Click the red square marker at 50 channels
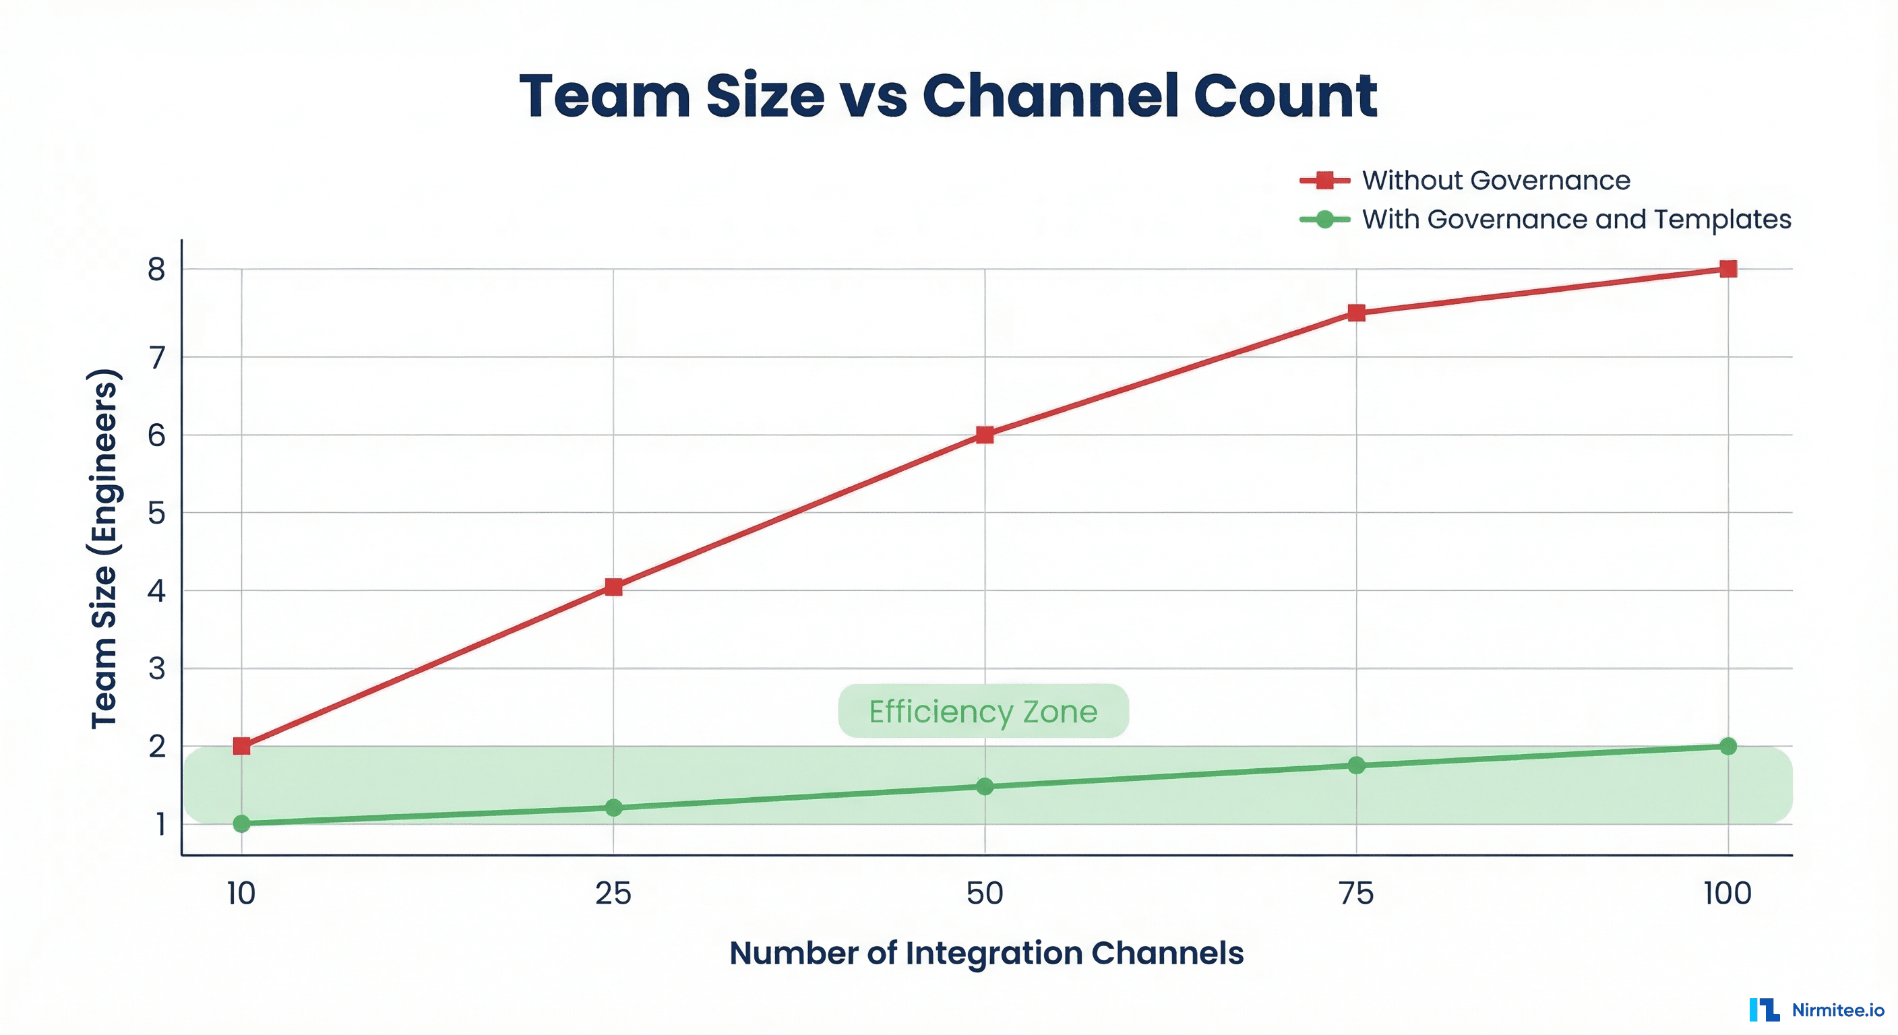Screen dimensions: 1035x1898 [x=984, y=435]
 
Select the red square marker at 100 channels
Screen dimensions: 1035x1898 [x=1727, y=269]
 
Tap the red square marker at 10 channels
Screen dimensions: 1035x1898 [x=242, y=746]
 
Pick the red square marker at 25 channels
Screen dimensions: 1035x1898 [x=613, y=587]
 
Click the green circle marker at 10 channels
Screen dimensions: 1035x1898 [x=242, y=823]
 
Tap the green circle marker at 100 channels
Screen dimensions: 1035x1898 [x=1727, y=746]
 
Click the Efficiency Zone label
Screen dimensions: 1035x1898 [x=983, y=712]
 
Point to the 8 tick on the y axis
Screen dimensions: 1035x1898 [x=156, y=270]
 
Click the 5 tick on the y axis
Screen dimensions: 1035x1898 [x=156, y=513]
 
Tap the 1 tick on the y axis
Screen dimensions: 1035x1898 [x=159, y=824]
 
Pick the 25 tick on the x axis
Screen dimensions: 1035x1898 [x=613, y=893]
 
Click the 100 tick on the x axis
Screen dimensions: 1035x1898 [x=1727, y=893]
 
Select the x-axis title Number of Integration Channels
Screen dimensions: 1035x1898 [x=986, y=953]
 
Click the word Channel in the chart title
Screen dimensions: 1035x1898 [x=1049, y=96]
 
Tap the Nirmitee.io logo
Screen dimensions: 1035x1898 [x=1817, y=1010]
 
